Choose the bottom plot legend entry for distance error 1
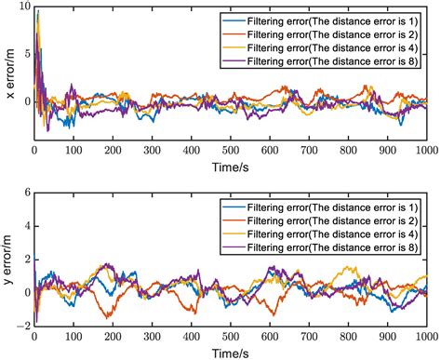pyautogui.click(x=317, y=206)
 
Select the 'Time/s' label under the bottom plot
pyautogui.click(x=231, y=353)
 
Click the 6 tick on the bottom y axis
pyautogui.click(x=26, y=193)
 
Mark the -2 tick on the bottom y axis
pyautogui.click(x=23, y=327)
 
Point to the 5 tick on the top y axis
pyautogui.click(x=26, y=56)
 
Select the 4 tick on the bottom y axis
pyautogui.click(x=26, y=226)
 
